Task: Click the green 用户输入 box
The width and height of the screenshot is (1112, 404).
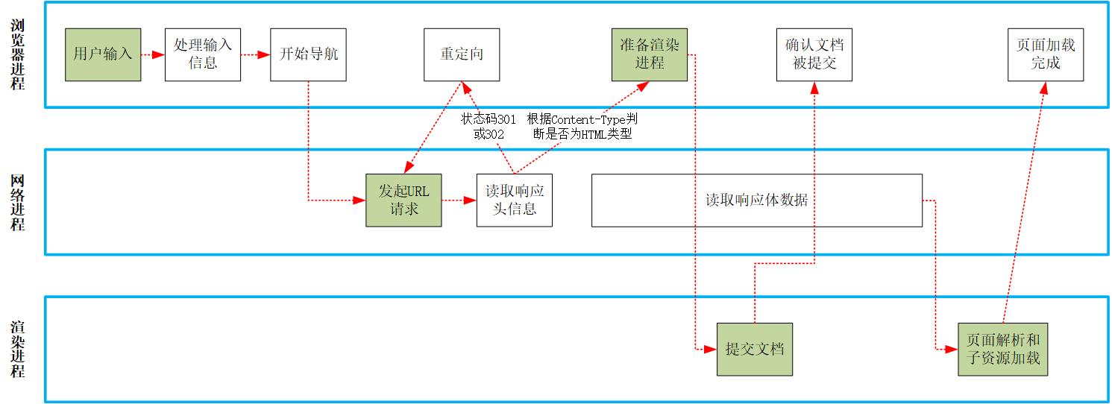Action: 103,54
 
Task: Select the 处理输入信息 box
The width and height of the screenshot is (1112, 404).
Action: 203,54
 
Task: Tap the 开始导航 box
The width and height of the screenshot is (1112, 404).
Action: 308,54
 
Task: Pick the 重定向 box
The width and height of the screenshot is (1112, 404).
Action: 462,54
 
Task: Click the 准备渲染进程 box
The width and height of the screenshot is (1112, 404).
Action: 650,54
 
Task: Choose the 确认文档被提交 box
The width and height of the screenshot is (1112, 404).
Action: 814,54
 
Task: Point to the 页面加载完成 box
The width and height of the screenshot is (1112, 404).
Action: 1046,54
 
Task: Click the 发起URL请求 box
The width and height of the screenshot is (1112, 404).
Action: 403,200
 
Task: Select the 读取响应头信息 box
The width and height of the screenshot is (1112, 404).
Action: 515,200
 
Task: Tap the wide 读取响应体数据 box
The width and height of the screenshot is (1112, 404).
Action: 756,200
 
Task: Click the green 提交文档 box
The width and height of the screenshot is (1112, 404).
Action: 754,349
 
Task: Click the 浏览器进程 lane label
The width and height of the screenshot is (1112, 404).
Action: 19,54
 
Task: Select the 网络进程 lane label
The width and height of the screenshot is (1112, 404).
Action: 19,202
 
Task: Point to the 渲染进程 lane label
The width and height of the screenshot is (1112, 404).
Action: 19,349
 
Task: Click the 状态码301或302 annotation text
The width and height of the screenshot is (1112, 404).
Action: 489,127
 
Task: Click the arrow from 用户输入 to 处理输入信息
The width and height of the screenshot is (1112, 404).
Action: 153,54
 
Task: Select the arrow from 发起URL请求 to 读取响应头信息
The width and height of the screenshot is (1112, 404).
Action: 459,200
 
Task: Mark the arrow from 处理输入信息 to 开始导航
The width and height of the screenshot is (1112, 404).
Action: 256,54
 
